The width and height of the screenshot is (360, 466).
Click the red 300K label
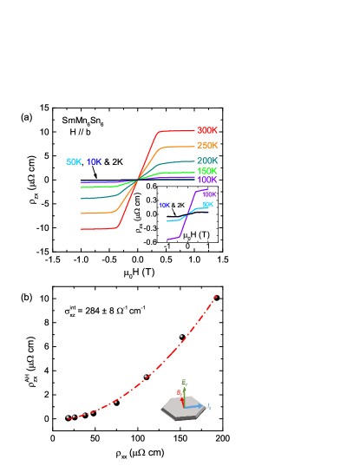(207, 130)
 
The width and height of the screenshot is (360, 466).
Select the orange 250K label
(207, 145)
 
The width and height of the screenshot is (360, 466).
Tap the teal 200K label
(207, 161)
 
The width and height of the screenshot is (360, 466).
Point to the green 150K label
(207, 171)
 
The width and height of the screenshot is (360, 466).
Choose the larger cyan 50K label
(74, 161)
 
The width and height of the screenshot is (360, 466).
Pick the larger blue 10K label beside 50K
(94, 161)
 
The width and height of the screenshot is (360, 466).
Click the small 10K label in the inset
(164, 206)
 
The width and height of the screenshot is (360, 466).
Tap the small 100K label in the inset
(209, 194)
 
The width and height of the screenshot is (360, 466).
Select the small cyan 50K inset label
(208, 205)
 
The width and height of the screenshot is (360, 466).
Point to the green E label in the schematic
(184, 382)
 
